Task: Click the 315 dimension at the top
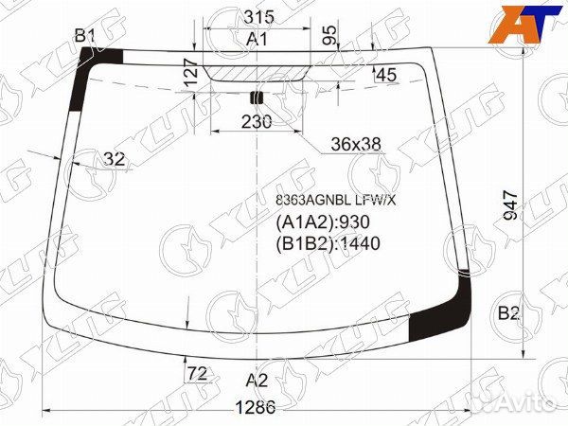pyautogui.click(x=258, y=17)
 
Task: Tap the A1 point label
pyautogui.click(x=257, y=39)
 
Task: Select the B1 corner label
pyautogui.click(x=85, y=36)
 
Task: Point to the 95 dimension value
pyautogui.click(x=329, y=35)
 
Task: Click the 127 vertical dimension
pyautogui.click(x=190, y=73)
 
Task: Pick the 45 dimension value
pyautogui.click(x=386, y=75)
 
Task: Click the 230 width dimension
pyautogui.click(x=257, y=122)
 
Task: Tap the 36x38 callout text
pyautogui.click(x=356, y=144)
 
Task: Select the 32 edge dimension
pyautogui.click(x=115, y=159)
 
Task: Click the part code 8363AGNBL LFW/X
pyautogui.click(x=336, y=201)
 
